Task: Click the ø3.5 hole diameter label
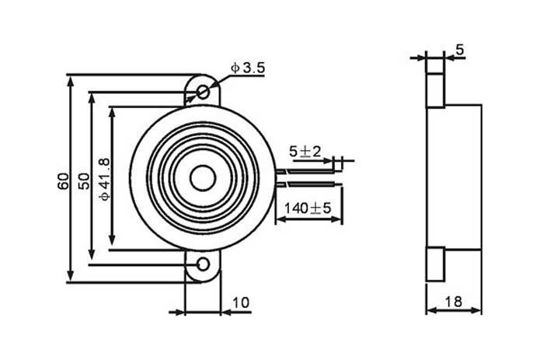click(249, 68)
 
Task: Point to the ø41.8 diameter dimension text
click(105, 179)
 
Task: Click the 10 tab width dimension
click(241, 303)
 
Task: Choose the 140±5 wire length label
click(308, 208)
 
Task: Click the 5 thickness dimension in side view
click(459, 50)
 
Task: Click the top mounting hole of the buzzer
click(204, 92)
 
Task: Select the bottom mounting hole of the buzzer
click(204, 264)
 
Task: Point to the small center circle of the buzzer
click(203, 178)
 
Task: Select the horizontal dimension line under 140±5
click(309, 220)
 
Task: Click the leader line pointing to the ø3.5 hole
click(221, 79)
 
